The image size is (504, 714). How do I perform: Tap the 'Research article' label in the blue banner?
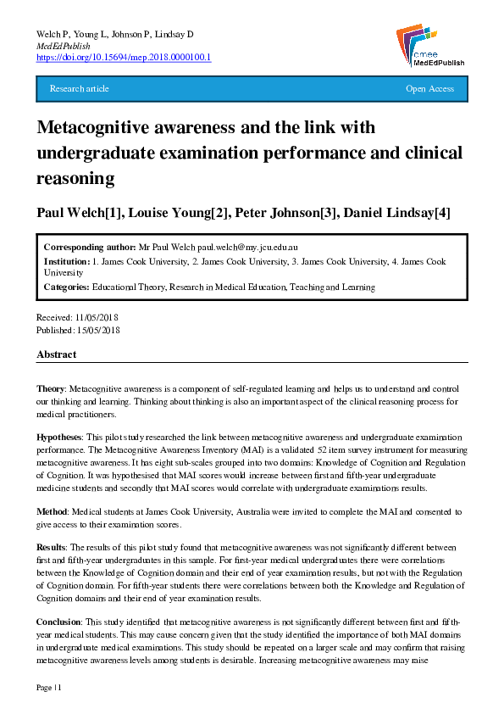coord(80,89)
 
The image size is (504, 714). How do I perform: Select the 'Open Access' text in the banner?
coord(429,89)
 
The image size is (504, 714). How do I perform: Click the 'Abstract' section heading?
coord(57,354)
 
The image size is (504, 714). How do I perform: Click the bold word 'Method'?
coord(50,512)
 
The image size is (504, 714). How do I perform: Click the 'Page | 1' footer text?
coord(49,687)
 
